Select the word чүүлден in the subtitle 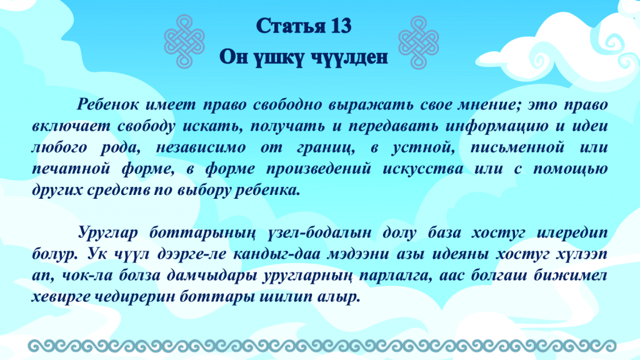tap(350, 57)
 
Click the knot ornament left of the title tap(184, 41)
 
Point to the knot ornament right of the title tap(418, 42)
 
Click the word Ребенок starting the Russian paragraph tap(107, 105)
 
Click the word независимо tap(201, 147)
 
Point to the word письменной tap(517, 147)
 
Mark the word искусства tap(423, 169)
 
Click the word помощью tap(570, 169)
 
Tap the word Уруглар tap(107, 233)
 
